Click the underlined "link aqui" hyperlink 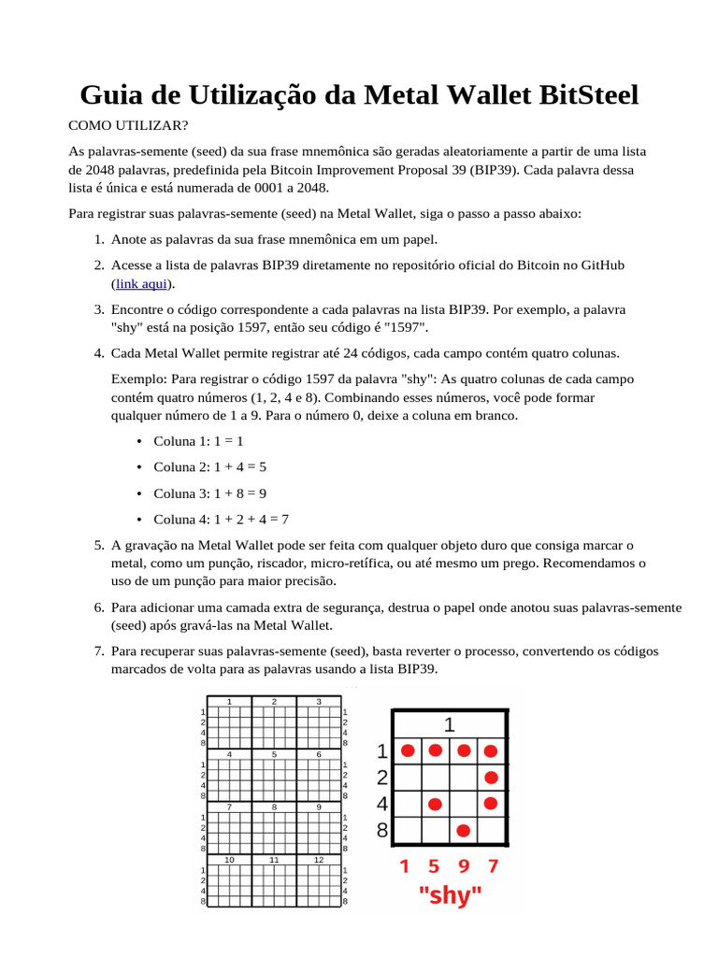[143, 283]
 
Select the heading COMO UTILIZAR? [127, 124]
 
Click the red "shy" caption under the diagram [450, 896]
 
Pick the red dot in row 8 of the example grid [463, 830]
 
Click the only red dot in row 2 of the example [491, 778]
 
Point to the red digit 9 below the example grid [464, 866]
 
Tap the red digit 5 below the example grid [435, 866]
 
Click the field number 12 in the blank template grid [319, 859]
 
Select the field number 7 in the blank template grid [229, 806]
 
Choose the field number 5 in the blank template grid [274, 753]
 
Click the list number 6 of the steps [98, 607]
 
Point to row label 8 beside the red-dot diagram [381, 829]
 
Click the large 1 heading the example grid [450, 724]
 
